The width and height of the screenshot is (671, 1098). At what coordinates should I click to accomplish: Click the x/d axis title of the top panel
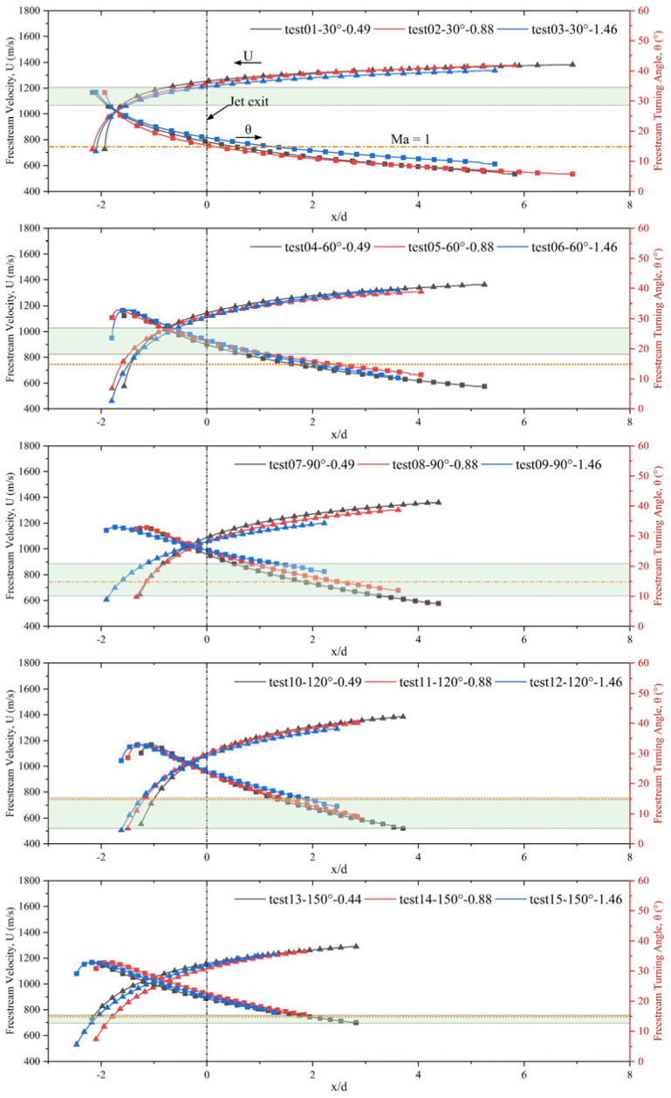(x=339, y=216)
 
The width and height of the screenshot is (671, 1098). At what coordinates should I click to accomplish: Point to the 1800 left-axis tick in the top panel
(x=32, y=10)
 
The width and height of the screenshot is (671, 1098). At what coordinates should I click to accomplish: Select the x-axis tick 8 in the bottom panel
(x=629, y=1072)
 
